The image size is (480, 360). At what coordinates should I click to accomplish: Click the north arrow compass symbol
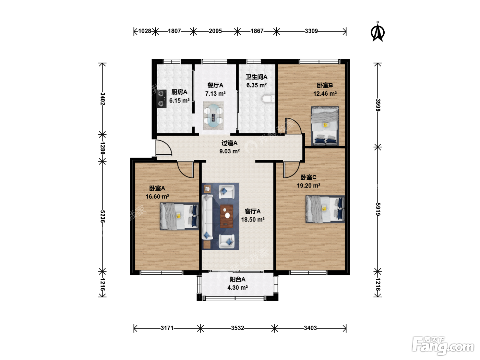pos(377,32)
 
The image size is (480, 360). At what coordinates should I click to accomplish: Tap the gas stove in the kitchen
pos(161,99)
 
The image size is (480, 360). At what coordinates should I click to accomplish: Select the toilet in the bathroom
pos(268,99)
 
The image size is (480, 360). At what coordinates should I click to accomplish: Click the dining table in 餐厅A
pos(214,116)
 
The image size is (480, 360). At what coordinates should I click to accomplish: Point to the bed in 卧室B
pos(325,126)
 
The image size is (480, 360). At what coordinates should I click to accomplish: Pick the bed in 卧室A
pos(179,216)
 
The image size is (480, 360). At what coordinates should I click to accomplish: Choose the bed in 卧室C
pos(325,209)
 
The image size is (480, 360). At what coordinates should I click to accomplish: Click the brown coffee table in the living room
pos(227,216)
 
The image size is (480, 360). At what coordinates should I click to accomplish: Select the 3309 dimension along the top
pos(311,31)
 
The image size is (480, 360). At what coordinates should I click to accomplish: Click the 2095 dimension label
pos(215,31)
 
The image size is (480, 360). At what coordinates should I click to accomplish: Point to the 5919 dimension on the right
pos(378,209)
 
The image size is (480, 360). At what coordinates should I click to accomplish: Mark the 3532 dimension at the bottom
pos(238,328)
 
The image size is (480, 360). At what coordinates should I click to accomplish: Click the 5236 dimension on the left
pos(103,216)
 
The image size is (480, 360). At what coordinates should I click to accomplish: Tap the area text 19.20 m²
pos(308,185)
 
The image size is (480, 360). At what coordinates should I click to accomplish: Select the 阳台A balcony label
pos(238,279)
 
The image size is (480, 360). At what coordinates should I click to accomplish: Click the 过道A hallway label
pos(229,143)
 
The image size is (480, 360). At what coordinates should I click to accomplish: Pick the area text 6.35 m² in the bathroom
pos(256,85)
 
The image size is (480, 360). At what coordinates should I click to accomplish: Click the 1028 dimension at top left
pos(145,31)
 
